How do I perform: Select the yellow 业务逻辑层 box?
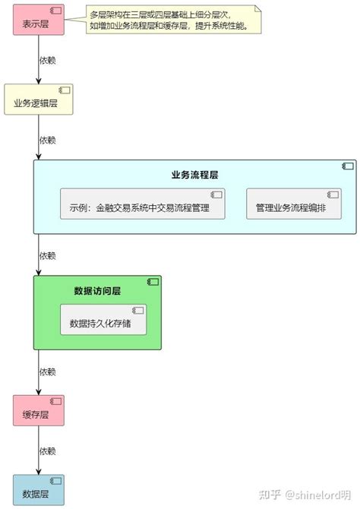click(x=39, y=100)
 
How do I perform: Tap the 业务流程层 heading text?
click(x=194, y=175)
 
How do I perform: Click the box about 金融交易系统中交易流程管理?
click(x=143, y=207)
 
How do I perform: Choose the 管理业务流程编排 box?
click(x=291, y=207)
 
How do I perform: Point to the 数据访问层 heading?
click(x=97, y=290)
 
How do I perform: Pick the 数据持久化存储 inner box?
click(x=103, y=322)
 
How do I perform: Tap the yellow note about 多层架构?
click(x=174, y=21)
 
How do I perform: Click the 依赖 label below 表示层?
click(x=47, y=59)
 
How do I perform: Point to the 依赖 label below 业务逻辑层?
click(x=47, y=140)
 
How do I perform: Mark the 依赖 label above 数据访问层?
click(x=47, y=255)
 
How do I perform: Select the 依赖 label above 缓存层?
click(x=47, y=371)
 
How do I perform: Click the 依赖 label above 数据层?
click(x=47, y=451)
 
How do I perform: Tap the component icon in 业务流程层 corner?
click(x=348, y=166)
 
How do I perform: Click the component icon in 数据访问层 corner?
click(x=153, y=282)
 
